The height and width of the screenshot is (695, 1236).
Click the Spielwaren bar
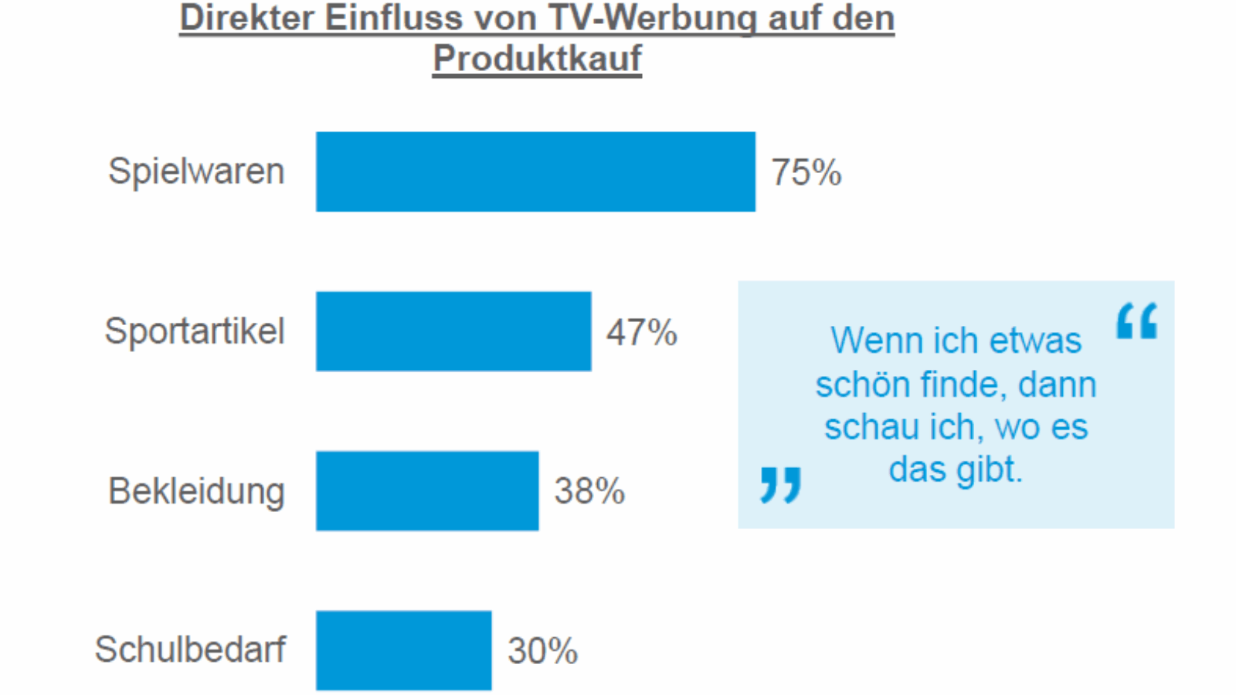535,171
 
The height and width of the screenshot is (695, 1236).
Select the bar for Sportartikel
453,331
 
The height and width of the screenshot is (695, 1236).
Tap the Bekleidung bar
427,490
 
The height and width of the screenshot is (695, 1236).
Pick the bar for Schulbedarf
403,650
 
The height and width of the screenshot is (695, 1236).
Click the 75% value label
806,172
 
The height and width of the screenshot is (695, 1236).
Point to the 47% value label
641,333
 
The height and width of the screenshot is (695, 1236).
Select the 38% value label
589,491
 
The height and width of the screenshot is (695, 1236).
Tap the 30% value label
542,651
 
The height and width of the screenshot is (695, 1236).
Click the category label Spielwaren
196,171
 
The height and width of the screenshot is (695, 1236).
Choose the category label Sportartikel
195,331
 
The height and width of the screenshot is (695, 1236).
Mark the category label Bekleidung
196,491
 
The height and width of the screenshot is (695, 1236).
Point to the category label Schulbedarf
190,649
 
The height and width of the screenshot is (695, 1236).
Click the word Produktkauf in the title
537,59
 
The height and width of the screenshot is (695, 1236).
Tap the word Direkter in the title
246,19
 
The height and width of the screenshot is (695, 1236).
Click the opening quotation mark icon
1137,320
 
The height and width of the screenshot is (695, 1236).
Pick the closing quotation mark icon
780,484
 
